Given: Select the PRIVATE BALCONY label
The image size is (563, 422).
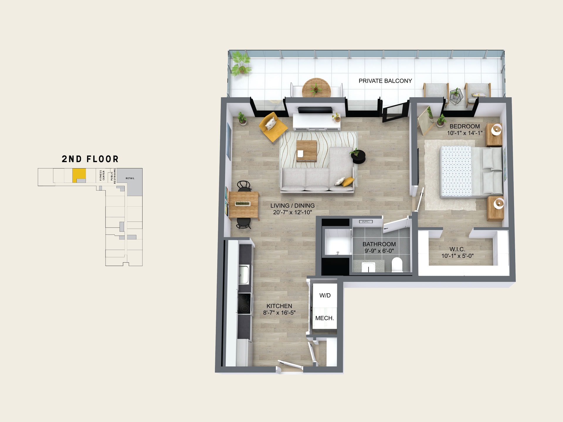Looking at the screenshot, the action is click(x=385, y=81).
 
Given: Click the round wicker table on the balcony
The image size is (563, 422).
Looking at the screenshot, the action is click(x=316, y=88).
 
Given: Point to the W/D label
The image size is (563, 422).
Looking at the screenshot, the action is click(x=325, y=295).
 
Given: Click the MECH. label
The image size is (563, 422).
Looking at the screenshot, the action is click(x=325, y=318).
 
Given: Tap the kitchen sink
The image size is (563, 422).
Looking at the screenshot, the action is click(x=244, y=274).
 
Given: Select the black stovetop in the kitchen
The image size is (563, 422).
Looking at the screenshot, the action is click(x=245, y=304).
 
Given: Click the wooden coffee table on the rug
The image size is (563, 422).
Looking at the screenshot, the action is click(x=306, y=151).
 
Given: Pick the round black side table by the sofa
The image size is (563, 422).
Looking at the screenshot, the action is click(x=359, y=157).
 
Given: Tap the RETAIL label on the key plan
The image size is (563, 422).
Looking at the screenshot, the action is click(x=130, y=178).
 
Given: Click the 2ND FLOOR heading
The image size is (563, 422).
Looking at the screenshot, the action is click(x=90, y=159).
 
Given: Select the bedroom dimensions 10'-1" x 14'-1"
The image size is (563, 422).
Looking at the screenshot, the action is click(x=465, y=133).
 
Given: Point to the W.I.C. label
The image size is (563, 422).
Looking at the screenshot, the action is click(x=457, y=249).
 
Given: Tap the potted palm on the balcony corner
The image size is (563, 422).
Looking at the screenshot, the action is click(x=241, y=64).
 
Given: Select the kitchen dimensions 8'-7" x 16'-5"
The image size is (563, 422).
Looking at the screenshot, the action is click(x=279, y=313).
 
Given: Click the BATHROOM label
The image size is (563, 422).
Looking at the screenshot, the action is click(x=379, y=244).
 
